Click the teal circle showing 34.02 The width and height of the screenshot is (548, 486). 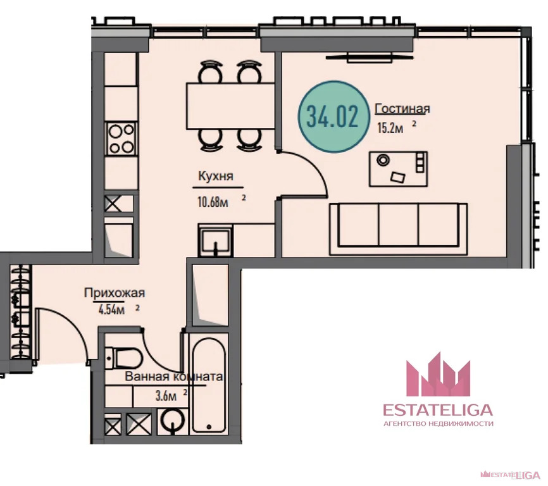point(333,116)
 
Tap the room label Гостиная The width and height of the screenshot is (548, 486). point(402,109)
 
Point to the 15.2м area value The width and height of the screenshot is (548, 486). point(390,128)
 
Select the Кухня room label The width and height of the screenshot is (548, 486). point(216,176)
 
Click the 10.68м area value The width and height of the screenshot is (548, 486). point(213,202)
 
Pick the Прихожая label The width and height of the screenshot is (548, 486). point(115,292)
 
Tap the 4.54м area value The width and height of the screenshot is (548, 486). point(111,309)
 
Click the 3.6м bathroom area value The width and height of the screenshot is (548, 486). point(166,396)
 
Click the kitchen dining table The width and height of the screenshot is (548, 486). point(231,106)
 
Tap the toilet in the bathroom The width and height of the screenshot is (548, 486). point(124,358)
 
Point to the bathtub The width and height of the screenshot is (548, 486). point(209,385)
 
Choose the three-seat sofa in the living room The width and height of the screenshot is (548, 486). point(399,229)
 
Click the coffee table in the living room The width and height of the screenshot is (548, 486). point(399,169)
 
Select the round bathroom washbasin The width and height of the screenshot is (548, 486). point(173,421)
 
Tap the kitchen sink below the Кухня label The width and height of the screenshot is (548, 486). point(215,240)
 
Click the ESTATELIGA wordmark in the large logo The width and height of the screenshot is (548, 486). point(438,409)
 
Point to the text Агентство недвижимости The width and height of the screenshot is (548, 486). point(439,424)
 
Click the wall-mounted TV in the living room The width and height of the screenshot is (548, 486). point(370,58)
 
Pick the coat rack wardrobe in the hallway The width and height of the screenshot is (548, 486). point(21,311)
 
